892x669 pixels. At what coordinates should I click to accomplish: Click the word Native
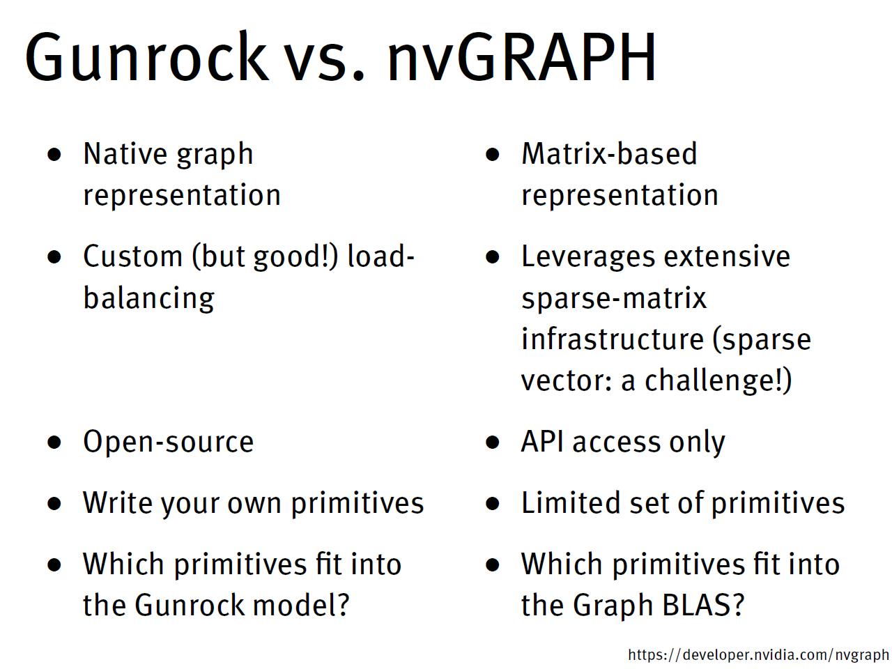coord(123,154)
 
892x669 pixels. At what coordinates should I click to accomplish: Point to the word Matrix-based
coord(608,154)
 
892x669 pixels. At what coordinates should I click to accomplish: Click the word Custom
coord(132,256)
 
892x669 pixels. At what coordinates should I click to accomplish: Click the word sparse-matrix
coord(613,298)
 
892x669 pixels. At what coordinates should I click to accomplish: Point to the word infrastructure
coord(612,339)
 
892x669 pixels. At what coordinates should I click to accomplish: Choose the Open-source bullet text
coord(168,442)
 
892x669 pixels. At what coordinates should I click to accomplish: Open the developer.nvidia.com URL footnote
coord(758,655)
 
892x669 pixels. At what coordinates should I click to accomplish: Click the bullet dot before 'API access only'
coord(493,442)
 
